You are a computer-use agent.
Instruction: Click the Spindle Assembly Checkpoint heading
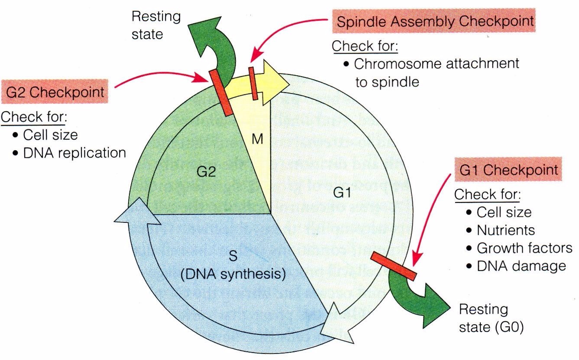435,22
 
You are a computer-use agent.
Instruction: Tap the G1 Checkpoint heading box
508,169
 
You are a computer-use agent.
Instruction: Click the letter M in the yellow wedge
257,140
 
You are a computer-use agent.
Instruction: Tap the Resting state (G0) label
492,318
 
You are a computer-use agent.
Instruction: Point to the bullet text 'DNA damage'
521,266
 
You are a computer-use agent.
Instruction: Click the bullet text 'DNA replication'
74,153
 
